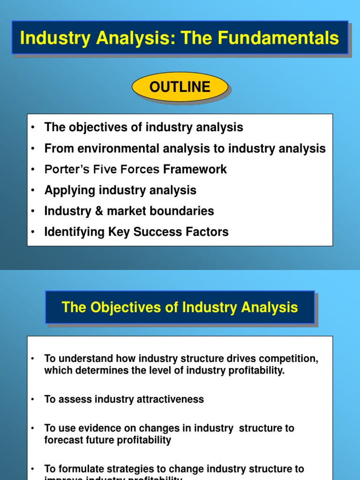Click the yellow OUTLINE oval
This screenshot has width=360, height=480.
180,87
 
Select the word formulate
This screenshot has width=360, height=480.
76,469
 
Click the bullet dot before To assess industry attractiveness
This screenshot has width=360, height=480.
33,399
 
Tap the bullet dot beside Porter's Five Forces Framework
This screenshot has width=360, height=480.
33,169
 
